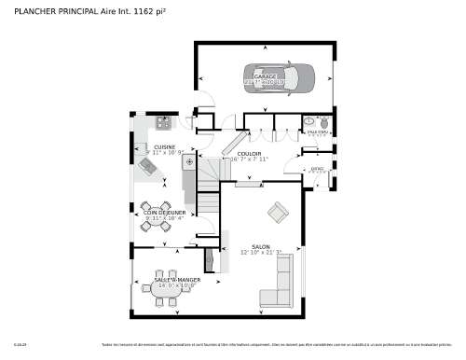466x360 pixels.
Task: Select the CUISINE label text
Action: point(165,146)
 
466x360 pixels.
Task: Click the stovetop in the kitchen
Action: point(163,120)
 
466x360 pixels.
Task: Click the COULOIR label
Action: point(249,153)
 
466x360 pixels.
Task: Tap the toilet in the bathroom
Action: point(322,121)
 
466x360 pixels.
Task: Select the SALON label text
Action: point(260,246)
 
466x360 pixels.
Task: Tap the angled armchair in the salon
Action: point(277,212)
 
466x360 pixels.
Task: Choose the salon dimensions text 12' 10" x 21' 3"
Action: point(260,253)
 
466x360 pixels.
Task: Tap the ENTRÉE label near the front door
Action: point(317,169)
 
